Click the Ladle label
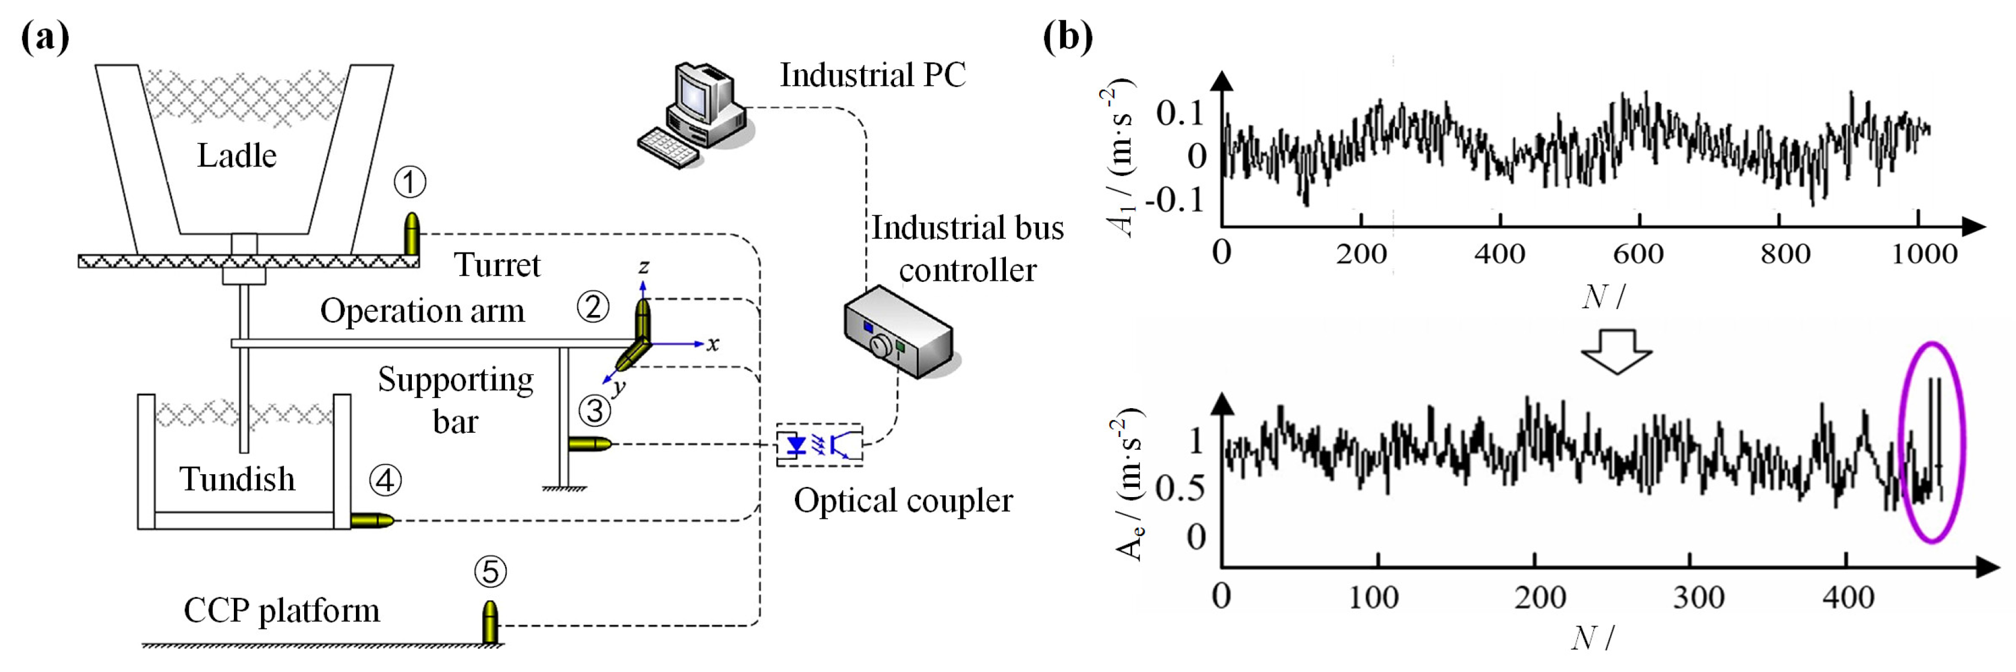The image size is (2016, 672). [x=236, y=156]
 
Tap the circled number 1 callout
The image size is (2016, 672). [x=409, y=182]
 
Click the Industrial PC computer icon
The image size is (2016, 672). [x=693, y=114]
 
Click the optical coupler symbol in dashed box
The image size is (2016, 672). [x=820, y=445]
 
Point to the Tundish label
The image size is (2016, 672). [x=237, y=479]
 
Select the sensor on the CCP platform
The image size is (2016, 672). [x=490, y=622]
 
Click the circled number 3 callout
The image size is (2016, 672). [x=595, y=410]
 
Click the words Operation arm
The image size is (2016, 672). [x=422, y=311]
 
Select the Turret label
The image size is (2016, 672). [x=497, y=265]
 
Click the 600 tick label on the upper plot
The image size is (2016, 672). [x=1638, y=254]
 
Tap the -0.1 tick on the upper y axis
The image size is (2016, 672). [x=1174, y=200]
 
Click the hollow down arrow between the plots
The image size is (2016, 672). [x=1617, y=351]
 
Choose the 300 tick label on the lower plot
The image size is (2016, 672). [x=1699, y=597]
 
